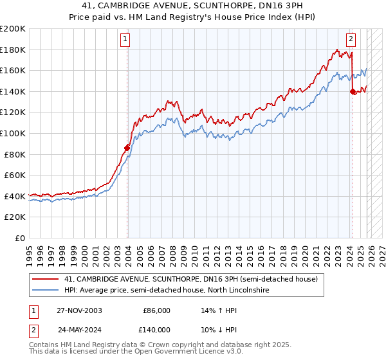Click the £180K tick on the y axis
13,50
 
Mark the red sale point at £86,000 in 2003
127,148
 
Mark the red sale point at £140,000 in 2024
353,92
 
